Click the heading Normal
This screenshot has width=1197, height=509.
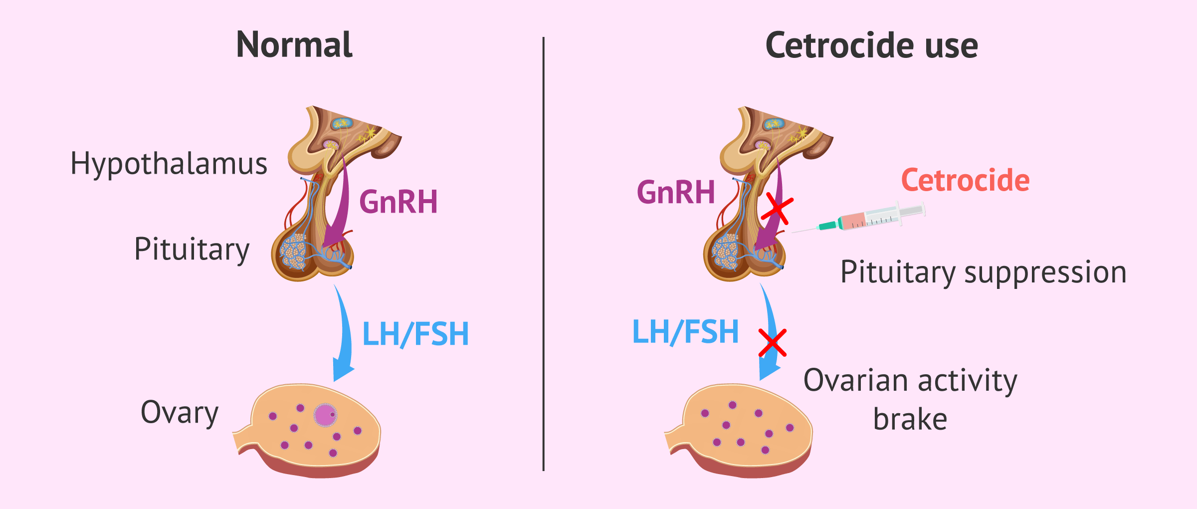[x=294, y=44]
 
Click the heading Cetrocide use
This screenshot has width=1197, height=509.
[x=872, y=45]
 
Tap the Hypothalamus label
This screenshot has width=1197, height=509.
[x=169, y=164]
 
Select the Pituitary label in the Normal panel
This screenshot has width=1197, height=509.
[x=192, y=250]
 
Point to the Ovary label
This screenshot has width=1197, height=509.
[x=180, y=413]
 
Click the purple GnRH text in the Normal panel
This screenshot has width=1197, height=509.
[x=399, y=202]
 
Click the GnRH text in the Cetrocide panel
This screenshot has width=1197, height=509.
[x=676, y=192]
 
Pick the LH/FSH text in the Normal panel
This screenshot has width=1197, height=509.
[x=415, y=334]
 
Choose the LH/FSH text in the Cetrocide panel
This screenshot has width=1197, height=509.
[x=685, y=332]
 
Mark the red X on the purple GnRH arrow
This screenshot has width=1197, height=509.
[x=777, y=209]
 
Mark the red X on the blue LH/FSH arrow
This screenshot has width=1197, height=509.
[x=773, y=343]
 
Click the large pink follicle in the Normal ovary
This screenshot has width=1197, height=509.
[x=325, y=415]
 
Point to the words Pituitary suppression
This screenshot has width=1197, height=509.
[x=984, y=273]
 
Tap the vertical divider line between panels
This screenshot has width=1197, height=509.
[x=543, y=254]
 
